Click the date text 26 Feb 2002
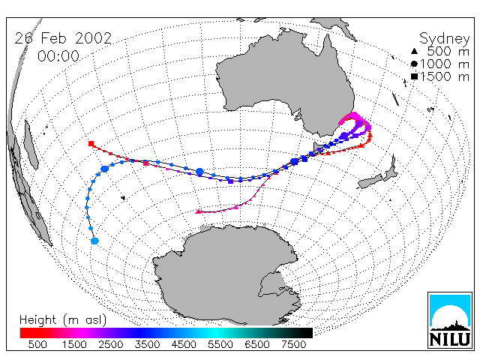tap(63, 38)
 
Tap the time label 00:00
tap(58, 56)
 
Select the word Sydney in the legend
tap(444, 39)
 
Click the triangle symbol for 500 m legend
tap(414, 51)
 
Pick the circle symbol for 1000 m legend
tap(414, 64)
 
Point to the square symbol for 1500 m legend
tap(414, 76)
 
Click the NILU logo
tap(450, 320)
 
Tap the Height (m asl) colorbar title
tap(63, 320)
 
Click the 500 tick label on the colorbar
tap(37, 344)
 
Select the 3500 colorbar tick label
tap(147, 344)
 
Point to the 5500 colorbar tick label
tap(220, 344)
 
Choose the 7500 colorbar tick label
tap(293, 344)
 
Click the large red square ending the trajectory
tap(91, 143)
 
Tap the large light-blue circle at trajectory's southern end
tap(95, 241)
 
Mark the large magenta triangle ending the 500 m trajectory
tap(198, 211)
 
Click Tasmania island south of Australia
tap(318, 147)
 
